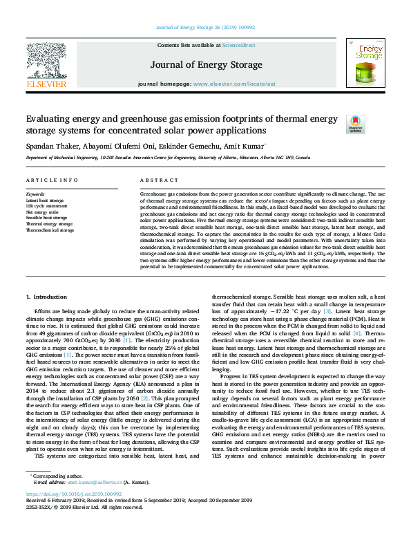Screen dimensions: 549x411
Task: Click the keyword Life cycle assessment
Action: [x=46, y=206]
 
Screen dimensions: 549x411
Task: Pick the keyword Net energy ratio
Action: [x=42, y=212]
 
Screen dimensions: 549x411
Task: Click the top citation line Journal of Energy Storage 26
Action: [x=205, y=27]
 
